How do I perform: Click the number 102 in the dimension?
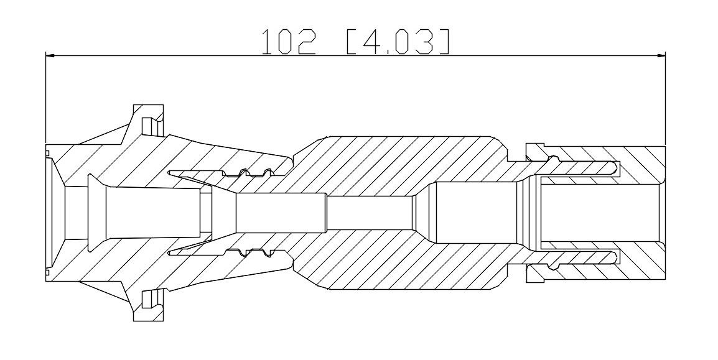289,42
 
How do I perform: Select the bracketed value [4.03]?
397,42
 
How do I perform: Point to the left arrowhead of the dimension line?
50,56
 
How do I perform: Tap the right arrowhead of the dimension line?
660,56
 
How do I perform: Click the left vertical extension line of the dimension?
46,98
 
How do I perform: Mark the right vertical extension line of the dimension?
665,98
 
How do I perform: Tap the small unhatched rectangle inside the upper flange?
147,126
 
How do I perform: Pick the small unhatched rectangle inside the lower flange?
147,300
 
